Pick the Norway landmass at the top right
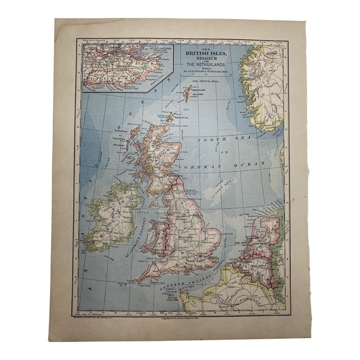261,84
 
